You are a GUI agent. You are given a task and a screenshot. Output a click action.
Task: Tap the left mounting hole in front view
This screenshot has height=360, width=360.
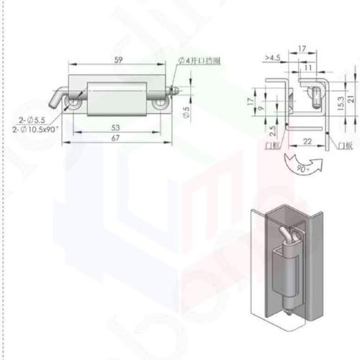pos(76,104)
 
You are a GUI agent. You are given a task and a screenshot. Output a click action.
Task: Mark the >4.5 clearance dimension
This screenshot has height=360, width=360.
pos(271,56)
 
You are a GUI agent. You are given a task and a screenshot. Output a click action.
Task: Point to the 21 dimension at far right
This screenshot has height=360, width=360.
pos(351,99)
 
